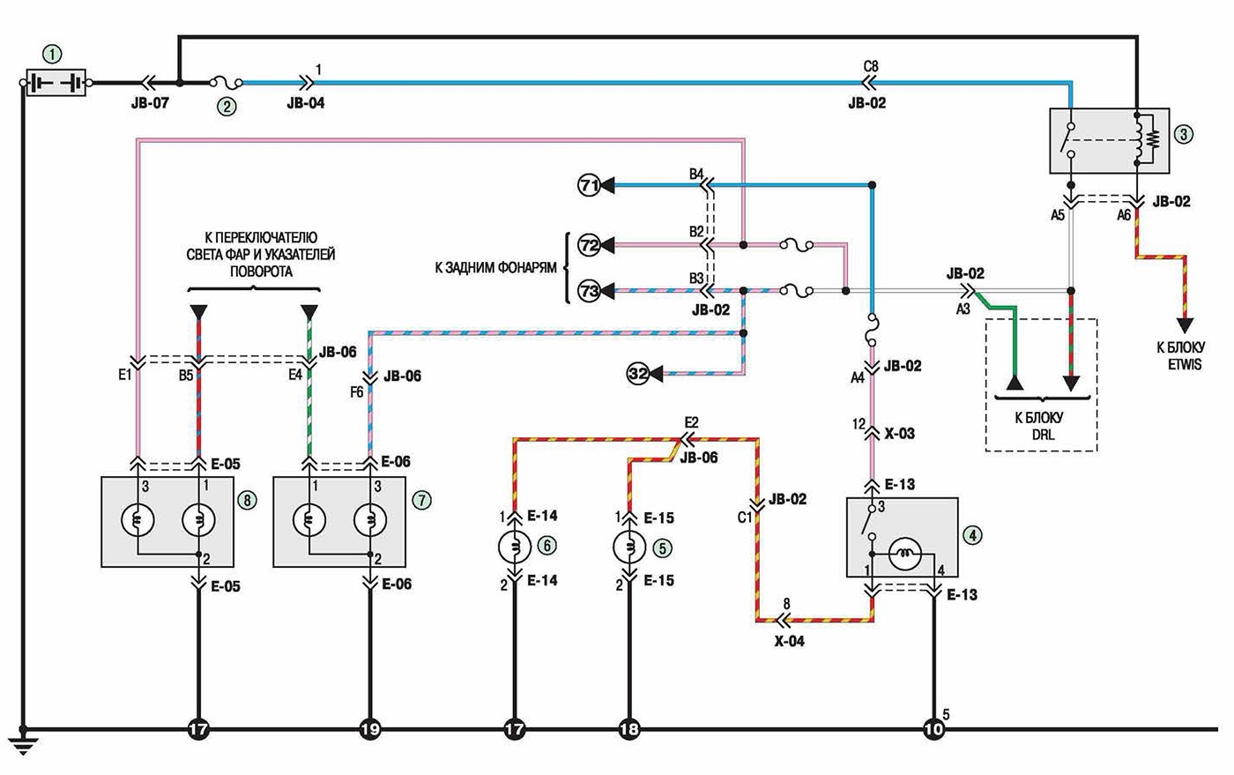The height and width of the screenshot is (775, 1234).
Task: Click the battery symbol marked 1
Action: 56,83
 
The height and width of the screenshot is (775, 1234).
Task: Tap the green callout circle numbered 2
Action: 227,106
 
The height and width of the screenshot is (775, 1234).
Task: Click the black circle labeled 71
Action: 589,186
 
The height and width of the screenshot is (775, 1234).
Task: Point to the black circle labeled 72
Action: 589,245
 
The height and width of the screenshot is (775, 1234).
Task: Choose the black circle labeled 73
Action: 589,290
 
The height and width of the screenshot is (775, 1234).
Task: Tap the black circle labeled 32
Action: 638,374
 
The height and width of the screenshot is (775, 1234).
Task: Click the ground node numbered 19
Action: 369,730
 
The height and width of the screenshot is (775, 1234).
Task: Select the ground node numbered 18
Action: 629,730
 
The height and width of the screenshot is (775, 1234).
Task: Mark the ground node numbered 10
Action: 933,730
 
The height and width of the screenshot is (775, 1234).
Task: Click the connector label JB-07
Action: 150,103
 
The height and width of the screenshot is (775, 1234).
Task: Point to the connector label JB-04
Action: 306,103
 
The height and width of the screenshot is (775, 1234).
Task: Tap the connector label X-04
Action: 790,642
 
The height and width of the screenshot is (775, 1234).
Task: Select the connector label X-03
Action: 900,434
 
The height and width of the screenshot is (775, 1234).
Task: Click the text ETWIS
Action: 1185,365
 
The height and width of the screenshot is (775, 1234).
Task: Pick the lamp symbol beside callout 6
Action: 515,547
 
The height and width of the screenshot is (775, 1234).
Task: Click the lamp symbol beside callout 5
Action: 629,547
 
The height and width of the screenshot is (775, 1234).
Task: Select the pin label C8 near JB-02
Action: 871,67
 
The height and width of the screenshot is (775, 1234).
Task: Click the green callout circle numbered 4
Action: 973,535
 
